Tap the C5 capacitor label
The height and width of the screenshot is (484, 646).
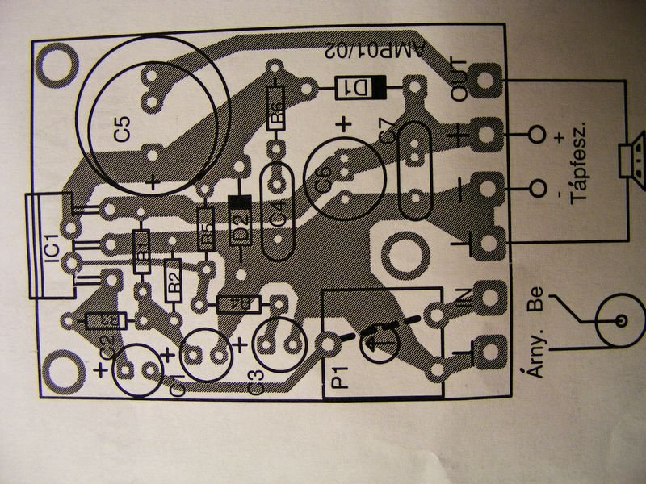pos(122,130)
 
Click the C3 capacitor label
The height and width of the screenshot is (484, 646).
pos(257,385)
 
